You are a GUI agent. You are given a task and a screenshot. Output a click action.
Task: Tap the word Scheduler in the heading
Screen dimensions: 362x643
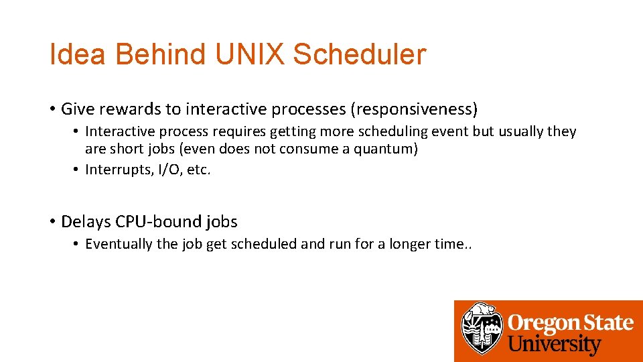pyautogui.click(x=360, y=54)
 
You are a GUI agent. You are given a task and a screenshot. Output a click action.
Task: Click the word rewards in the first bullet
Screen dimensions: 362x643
pyautogui.click(x=127, y=109)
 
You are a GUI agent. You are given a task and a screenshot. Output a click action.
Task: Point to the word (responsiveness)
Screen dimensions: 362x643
pyautogui.click(x=415, y=109)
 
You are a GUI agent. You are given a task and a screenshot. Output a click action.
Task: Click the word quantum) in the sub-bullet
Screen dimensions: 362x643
pyautogui.click(x=388, y=149)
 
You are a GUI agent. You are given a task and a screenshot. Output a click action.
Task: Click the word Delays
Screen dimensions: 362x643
pyautogui.click(x=86, y=221)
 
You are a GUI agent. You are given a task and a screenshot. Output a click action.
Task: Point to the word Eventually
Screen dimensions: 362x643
pyautogui.click(x=119, y=244)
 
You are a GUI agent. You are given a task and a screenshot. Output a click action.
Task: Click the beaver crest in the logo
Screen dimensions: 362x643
pyautogui.click(x=482, y=328)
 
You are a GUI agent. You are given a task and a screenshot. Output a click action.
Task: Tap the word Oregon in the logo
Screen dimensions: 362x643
pyautogui.click(x=540, y=323)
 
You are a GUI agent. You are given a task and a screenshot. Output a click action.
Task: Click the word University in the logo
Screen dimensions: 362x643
pyautogui.click(x=555, y=345)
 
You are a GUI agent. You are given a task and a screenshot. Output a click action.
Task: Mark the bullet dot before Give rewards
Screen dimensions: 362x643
pyautogui.click(x=52, y=109)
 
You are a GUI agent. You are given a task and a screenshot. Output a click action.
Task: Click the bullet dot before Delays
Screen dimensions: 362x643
pyautogui.click(x=52, y=221)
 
